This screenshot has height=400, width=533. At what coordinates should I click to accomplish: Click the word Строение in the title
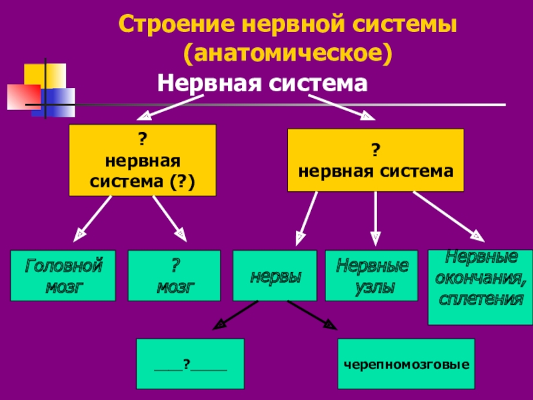click(x=177, y=24)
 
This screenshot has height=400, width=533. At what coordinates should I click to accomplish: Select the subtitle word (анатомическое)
click(x=288, y=53)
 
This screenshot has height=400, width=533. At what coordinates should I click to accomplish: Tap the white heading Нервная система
click(x=263, y=83)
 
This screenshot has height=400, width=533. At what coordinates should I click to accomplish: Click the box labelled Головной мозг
click(x=63, y=276)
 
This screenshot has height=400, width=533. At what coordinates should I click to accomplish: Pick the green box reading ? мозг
click(x=174, y=276)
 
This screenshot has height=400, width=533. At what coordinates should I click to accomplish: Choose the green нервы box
click(x=274, y=276)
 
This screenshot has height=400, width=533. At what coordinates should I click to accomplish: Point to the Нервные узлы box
click(x=372, y=276)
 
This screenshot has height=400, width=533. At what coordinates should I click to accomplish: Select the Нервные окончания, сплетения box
click(x=480, y=287)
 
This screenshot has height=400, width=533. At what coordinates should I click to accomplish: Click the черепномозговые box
click(x=406, y=363)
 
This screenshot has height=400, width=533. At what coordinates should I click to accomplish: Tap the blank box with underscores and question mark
click(x=191, y=363)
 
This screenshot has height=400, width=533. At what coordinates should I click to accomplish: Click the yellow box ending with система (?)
click(x=143, y=160)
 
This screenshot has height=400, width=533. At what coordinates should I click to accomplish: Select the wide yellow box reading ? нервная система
click(x=376, y=160)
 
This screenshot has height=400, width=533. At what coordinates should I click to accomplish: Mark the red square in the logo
click(x=24, y=97)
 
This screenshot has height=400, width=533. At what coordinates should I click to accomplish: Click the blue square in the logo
click(x=53, y=103)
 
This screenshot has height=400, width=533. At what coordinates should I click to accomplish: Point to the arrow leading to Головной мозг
click(x=93, y=219)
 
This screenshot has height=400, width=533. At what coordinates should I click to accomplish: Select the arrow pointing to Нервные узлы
click(x=375, y=219)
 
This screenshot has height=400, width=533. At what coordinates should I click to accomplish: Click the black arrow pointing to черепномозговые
click(x=312, y=315)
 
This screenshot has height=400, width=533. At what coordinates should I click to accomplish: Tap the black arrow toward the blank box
click(x=235, y=315)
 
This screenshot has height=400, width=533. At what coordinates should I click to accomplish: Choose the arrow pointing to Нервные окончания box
click(x=448, y=217)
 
